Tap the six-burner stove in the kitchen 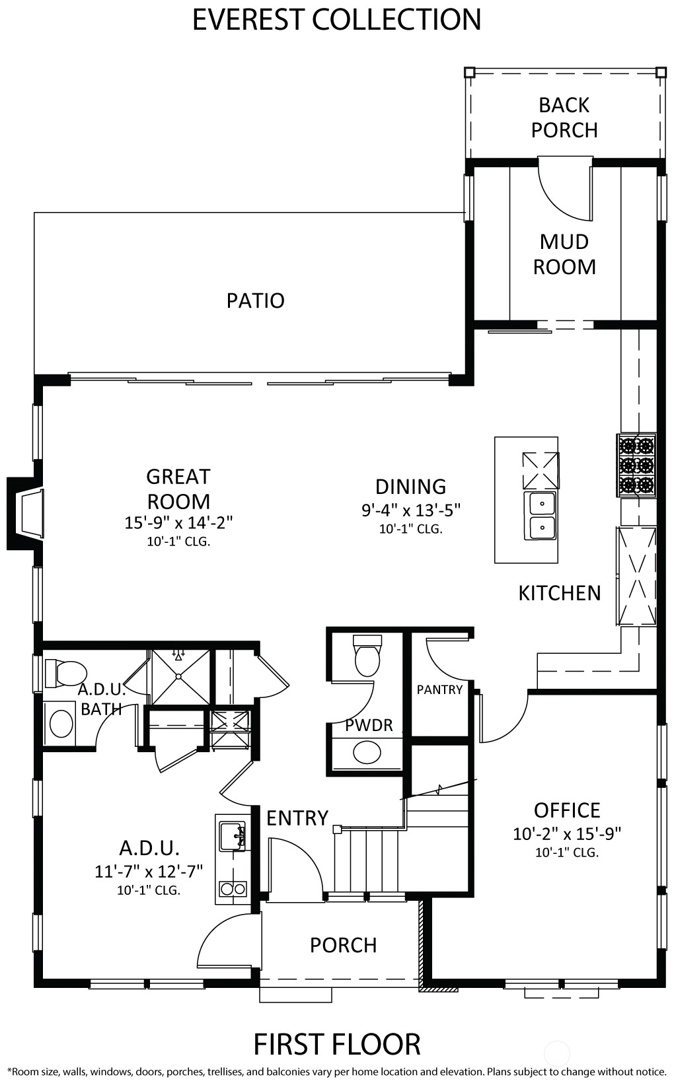click(x=636, y=465)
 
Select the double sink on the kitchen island click(x=541, y=515)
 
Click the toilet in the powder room click(x=368, y=655)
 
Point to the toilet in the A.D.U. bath click(x=65, y=673)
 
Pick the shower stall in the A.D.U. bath click(x=180, y=677)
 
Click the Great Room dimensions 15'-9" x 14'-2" click(x=179, y=522)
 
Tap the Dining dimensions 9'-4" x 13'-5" click(x=411, y=510)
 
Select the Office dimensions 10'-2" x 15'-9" click(x=567, y=833)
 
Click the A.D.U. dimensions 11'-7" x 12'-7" click(x=149, y=872)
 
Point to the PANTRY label click(x=439, y=689)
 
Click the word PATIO click(x=255, y=300)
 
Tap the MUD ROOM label click(x=564, y=254)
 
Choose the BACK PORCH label click(x=564, y=118)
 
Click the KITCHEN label click(x=560, y=594)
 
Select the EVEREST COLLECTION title click(x=337, y=20)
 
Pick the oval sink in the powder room click(x=367, y=752)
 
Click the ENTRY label click(x=297, y=818)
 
